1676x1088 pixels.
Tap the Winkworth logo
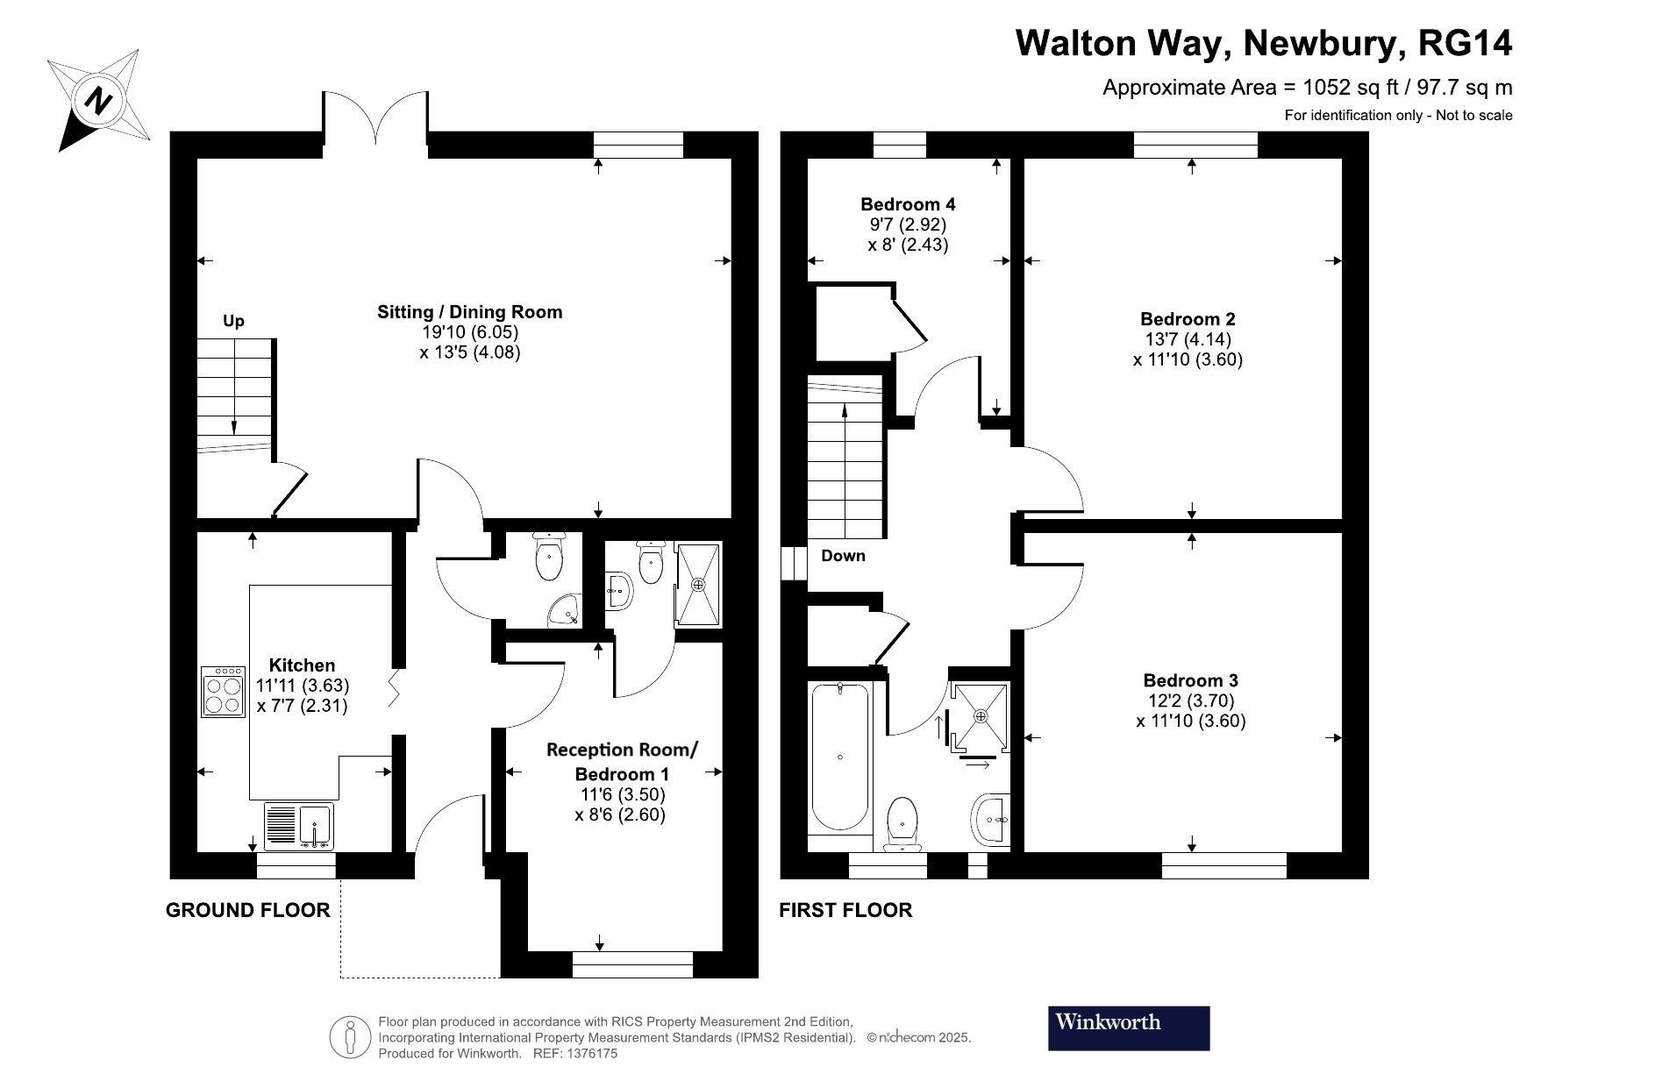pyautogui.click(x=1128, y=1028)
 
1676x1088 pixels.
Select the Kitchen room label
pyautogui.click(x=302, y=665)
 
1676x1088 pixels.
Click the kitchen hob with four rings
pyautogui.click(x=223, y=693)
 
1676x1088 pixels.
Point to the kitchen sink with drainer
pyautogui.click(x=298, y=826)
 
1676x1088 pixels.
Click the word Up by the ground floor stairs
pyautogui.click(x=233, y=321)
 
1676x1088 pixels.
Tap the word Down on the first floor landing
pyautogui.click(x=843, y=555)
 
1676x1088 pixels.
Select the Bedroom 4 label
pyautogui.click(x=908, y=204)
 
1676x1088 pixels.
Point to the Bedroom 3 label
pyautogui.click(x=1190, y=680)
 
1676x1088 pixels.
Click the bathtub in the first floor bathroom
pyautogui.click(x=840, y=757)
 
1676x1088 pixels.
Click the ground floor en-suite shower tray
pyautogui.click(x=698, y=584)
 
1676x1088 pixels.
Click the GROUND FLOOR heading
pyautogui.click(x=248, y=910)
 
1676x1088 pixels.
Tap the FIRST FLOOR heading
pyautogui.click(x=845, y=910)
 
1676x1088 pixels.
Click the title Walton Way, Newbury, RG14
pyautogui.click(x=1263, y=43)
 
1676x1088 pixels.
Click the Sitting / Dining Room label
pyautogui.click(x=469, y=312)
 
